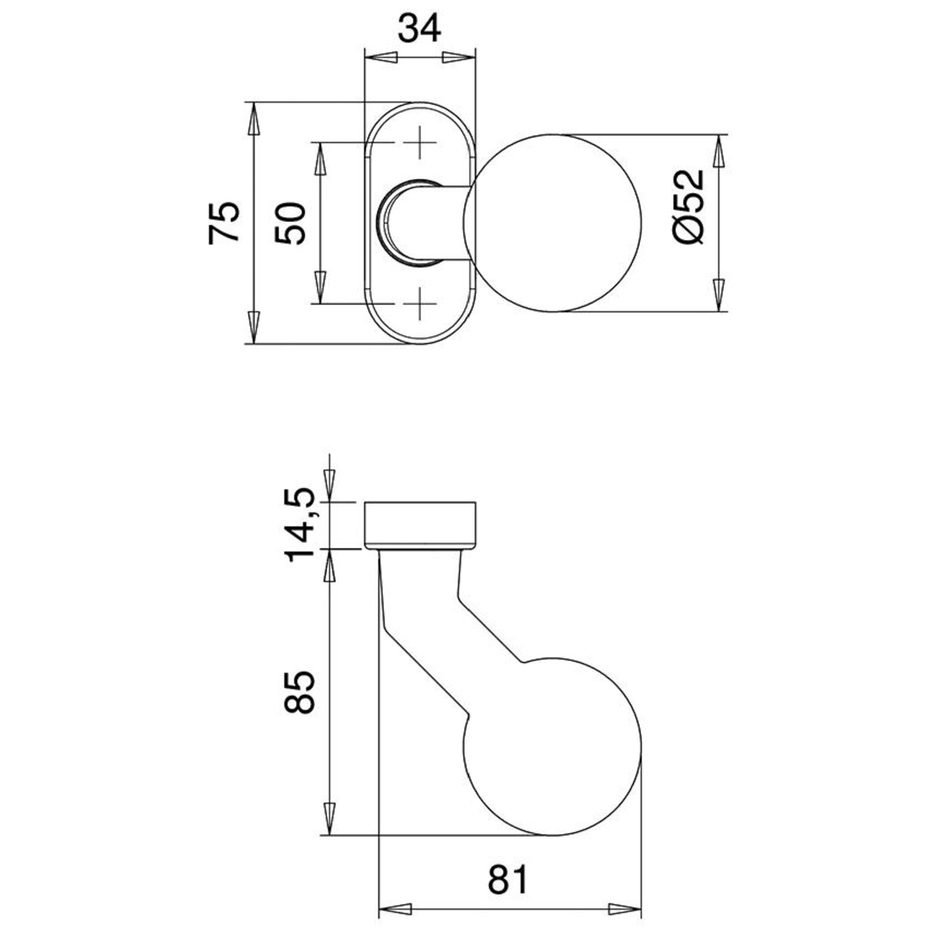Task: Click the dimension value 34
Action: coord(420,29)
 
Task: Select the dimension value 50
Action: coord(289,223)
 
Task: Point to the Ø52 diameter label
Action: coord(689,206)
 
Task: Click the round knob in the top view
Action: coord(553,223)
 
